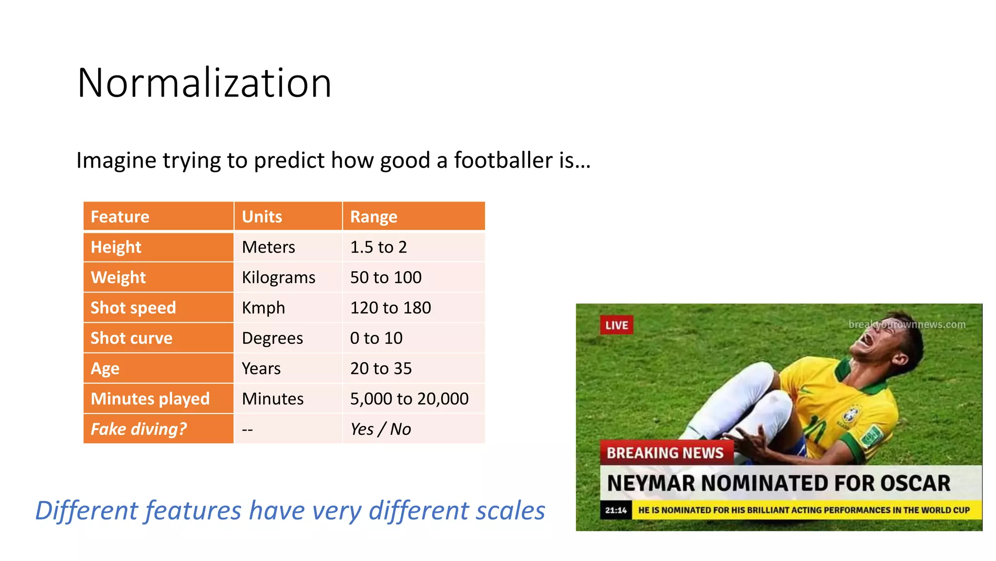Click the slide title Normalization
tap(204, 83)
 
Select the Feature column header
tap(120, 217)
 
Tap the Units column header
tap(262, 217)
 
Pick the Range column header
tap(373, 217)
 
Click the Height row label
tap(116, 247)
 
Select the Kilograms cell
tap(279, 278)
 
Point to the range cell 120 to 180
tap(391, 308)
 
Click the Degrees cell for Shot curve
tap(272, 338)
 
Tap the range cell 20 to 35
tap(381, 369)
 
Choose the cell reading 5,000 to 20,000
tap(409, 399)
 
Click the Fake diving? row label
tap(139, 429)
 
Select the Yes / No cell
tap(380, 429)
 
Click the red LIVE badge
tap(617, 325)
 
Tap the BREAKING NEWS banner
tap(665, 453)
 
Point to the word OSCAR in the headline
tap(915, 484)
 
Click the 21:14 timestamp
tap(616, 510)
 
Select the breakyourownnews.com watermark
tap(907, 324)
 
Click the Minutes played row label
tap(150, 399)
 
